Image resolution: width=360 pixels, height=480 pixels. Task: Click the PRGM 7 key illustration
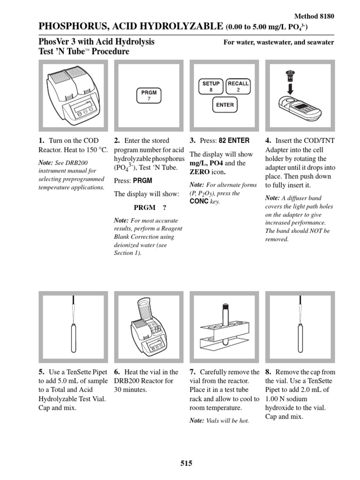149,96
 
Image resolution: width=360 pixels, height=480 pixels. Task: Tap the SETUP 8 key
211,86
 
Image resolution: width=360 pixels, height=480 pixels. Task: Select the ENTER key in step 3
225,105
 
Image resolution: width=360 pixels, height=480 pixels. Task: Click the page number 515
187,463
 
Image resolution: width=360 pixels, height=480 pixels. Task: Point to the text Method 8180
314,16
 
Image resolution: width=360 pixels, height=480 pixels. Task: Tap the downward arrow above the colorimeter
291,89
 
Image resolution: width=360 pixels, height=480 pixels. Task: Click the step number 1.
41,141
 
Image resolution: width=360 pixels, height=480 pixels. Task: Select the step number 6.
117,372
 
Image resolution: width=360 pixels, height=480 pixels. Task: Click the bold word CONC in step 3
199,201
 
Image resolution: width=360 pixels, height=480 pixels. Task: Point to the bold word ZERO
200,172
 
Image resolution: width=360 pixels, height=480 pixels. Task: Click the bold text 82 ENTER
234,141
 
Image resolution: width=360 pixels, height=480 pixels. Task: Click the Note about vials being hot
219,420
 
